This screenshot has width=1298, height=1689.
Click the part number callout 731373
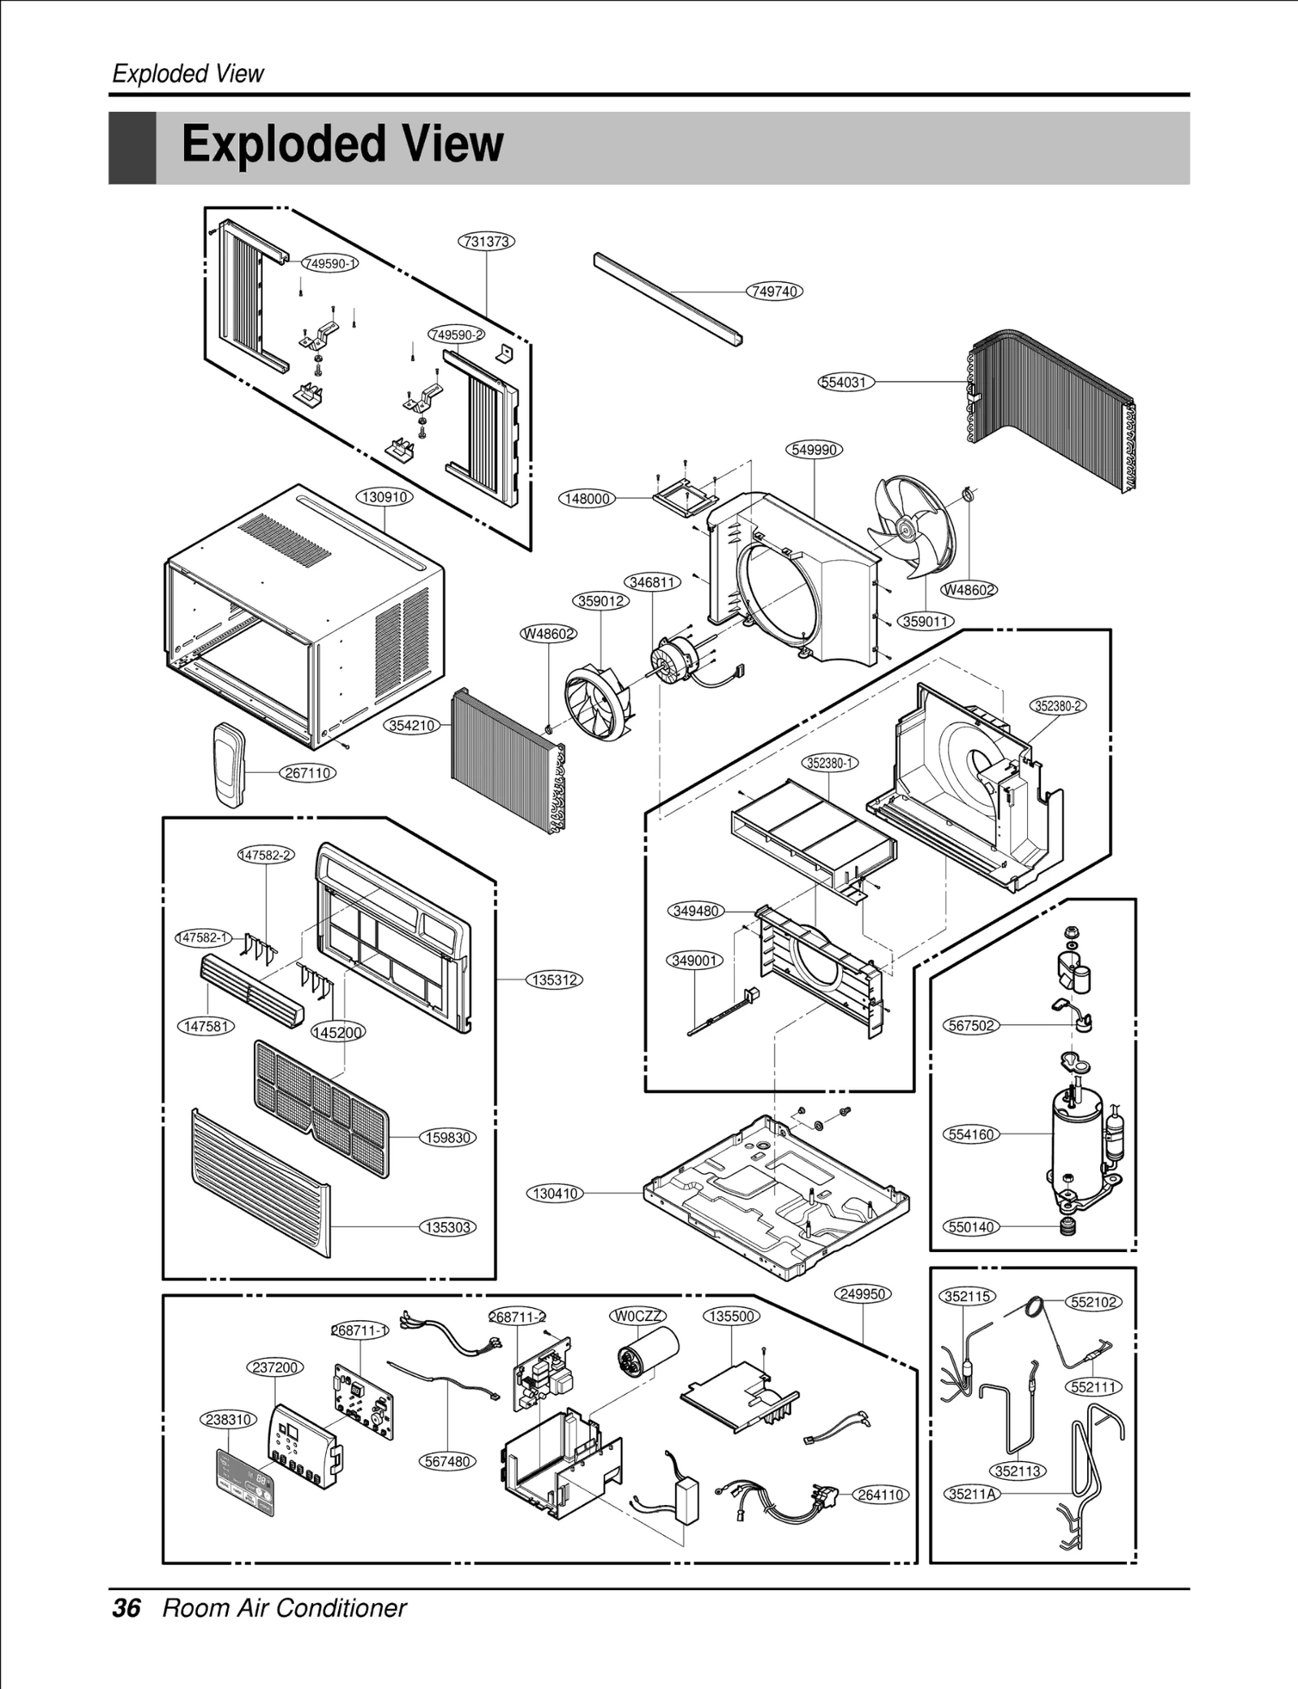pyautogui.click(x=487, y=242)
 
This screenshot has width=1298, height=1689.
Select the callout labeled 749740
pyautogui.click(x=775, y=291)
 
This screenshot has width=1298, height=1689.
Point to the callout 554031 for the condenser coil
pyautogui.click(x=845, y=382)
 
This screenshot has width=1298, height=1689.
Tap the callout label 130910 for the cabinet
pyautogui.click(x=385, y=496)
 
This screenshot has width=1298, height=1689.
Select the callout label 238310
pyautogui.click(x=228, y=1420)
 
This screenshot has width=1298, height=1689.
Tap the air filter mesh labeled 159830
pyautogui.click(x=320, y=1107)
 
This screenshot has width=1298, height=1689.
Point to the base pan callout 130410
pyautogui.click(x=556, y=1193)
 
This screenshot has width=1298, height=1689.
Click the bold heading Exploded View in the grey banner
pyautogui.click(x=342, y=144)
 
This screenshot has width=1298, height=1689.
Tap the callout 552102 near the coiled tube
pyautogui.click(x=1094, y=1302)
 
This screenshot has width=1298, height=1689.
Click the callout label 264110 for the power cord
pyautogui.click(x=881, y=1494)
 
